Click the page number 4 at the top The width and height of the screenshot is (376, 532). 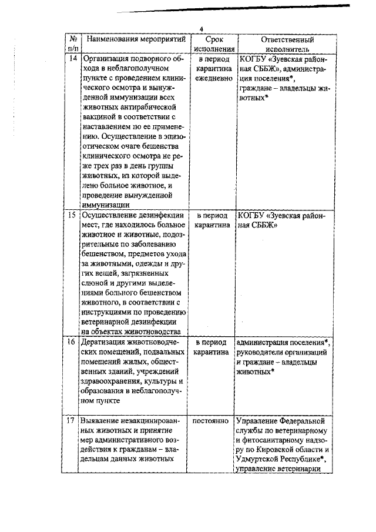click(200, 29)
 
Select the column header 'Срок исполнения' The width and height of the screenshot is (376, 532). click(213, 45)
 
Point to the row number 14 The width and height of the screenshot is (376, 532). click(72, 59)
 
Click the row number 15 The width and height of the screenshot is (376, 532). click(72, 215)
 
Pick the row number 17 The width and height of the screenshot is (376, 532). click(72, 421)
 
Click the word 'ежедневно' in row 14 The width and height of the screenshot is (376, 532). click(213, 78)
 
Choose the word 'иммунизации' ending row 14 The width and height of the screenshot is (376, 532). click(107, 205)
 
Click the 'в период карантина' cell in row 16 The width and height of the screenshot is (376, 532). click(213, 347)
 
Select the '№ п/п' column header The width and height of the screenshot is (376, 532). click(72, 45)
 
